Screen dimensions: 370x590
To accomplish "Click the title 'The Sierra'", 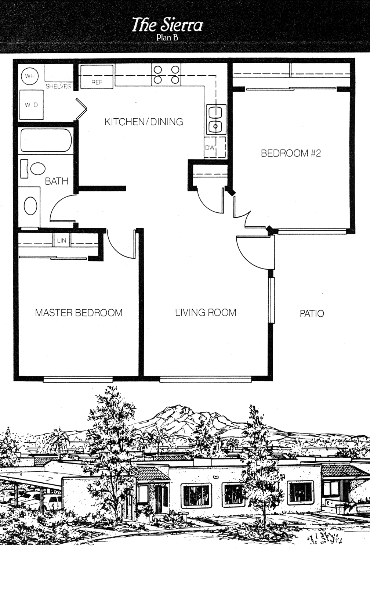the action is (167, 25).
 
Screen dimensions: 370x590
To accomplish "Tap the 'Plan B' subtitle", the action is (167, 38).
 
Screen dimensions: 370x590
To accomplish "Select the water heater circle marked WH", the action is (30, 76).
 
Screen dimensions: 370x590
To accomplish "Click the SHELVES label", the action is (58, 86).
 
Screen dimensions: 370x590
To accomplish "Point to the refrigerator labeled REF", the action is (97, 76).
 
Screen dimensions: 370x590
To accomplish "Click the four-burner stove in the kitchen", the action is (166, 75).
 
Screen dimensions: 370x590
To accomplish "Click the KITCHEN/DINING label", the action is (144, 122).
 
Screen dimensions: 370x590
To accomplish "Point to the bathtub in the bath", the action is (46, 140).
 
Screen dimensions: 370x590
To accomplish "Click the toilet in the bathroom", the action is (33, 169).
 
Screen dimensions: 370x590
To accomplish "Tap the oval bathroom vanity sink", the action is (30, 206).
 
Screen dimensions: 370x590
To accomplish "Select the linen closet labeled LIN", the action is (62, 240).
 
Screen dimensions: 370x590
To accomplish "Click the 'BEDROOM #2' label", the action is (291, 153).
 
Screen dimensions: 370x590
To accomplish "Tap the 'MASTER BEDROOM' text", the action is (79, 313).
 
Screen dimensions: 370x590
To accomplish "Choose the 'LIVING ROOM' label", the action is (206, 312).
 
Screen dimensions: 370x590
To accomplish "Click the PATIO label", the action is (312, 313).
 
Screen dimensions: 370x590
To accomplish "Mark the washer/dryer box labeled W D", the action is (31, 105).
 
